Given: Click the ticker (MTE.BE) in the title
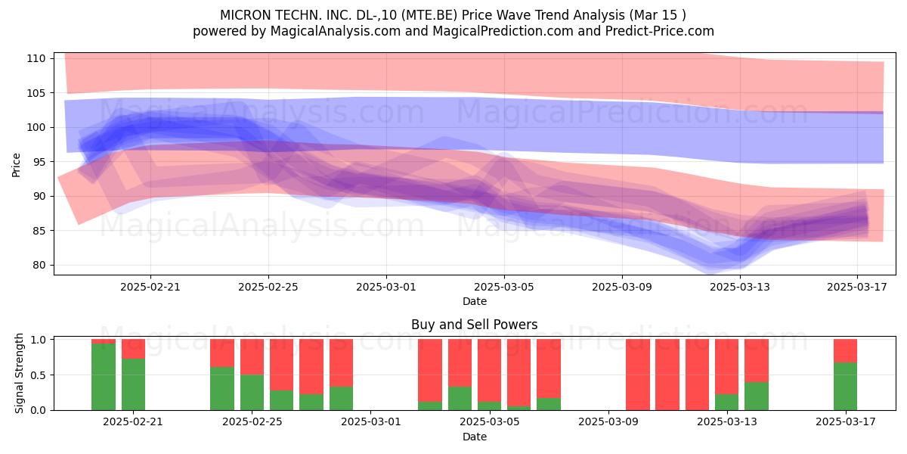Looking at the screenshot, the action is (429, 15).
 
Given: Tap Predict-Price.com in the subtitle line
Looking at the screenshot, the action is (660, 31).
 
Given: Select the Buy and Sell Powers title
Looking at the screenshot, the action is (474, 325).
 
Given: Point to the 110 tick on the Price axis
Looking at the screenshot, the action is (36, 59).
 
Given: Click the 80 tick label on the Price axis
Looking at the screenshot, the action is (39, 266).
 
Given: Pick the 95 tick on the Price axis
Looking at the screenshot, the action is (39, 162).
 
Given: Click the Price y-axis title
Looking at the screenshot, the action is (16, 165).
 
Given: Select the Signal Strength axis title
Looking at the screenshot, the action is (19, 373).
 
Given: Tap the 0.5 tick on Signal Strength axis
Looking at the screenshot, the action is (38, 375).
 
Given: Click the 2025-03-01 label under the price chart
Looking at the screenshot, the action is (386, 287).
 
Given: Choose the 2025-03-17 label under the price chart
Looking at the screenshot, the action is (857, 287).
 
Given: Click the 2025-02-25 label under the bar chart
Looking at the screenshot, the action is (252, 422).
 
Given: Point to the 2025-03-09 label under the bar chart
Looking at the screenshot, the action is (608, 422).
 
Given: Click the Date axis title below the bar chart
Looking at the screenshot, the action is (475, 437).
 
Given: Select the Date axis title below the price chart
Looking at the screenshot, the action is (475, 301).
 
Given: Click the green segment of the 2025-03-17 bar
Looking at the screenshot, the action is (845, 387).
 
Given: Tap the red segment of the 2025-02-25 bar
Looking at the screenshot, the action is (252, 356).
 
